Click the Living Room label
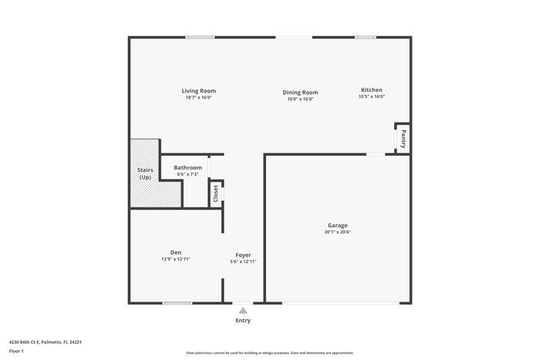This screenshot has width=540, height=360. pyautogui.click(x=198, y=90)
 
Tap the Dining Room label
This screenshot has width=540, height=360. pyautogui.click(x=300, y=92)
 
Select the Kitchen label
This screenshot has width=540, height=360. pyautogui.click(x=371, y=89)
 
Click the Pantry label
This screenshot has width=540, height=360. pyautogui.click(x=403, y=140)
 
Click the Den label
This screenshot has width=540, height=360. pyautogui.click(x=176, y=252)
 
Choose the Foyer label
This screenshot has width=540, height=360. pyautogui.click(x=243, y=254)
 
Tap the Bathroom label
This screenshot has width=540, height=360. pyautogui.click(x=187, y=167)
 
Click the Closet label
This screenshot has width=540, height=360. pyautogui.click(x=216, y=193)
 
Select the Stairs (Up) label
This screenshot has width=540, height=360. pyautogui.click(x=145, y=173)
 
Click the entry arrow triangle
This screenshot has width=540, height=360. pyautogui.click(x=243, y=309)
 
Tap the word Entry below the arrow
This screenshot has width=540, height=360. pyautogui.click(x=243, y=321)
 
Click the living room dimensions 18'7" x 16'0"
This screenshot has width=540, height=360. pyautogui.click(x=198, y=97)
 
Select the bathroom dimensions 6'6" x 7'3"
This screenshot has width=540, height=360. pyautogui.click(x=187, y=174)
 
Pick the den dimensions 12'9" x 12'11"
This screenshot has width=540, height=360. pyautogui.click(x=176, y=259)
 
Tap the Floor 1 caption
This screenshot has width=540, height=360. pyautogui.click(x=17, y=352)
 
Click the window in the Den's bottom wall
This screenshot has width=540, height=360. pyautogui.click(x=177, y=303)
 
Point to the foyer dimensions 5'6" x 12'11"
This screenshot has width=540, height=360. pyautogui.click(x=243, y=261)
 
